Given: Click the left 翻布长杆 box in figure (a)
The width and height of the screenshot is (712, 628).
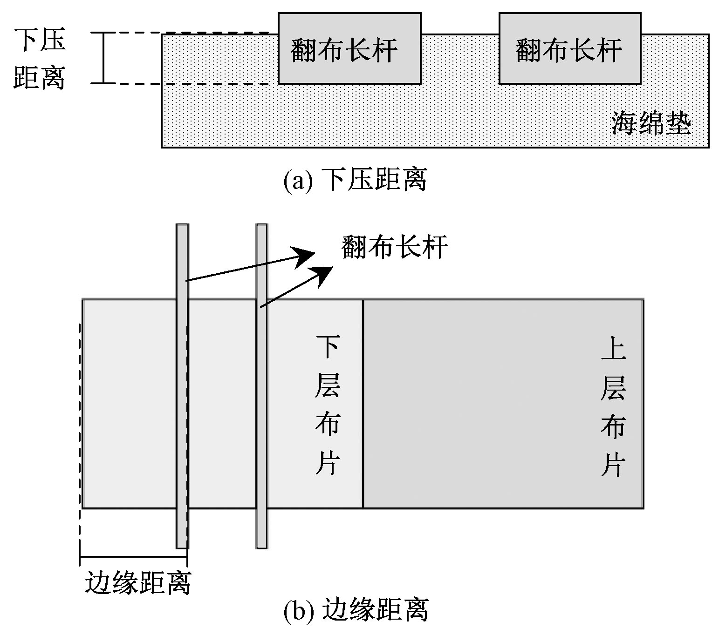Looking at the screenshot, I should click(x=349, y=48).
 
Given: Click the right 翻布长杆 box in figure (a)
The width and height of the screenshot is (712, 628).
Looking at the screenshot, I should click(x=569, y=48).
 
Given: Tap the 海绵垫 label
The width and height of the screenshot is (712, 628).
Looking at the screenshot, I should click(x=651, y=123).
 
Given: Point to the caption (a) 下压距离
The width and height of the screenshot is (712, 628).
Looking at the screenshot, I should click(x=355, y=180).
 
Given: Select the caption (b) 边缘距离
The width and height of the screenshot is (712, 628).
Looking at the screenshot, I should click(x=355, y=609).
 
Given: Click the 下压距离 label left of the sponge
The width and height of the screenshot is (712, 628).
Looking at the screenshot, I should click(x=39, y=58).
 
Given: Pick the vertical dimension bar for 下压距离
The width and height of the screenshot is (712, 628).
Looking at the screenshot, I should click(x=103, y=58).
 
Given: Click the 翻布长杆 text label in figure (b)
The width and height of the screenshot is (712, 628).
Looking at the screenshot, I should click(x=394, y=247).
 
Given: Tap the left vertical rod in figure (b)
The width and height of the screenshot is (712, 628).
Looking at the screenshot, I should click(x=182, y=386).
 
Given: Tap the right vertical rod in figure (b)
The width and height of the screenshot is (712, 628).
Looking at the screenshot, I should click(x=262, y=386).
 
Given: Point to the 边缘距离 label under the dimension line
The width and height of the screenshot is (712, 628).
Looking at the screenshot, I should click(x=138, y=581).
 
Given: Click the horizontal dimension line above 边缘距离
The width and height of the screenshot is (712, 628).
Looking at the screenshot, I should click(x=133, y=556).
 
